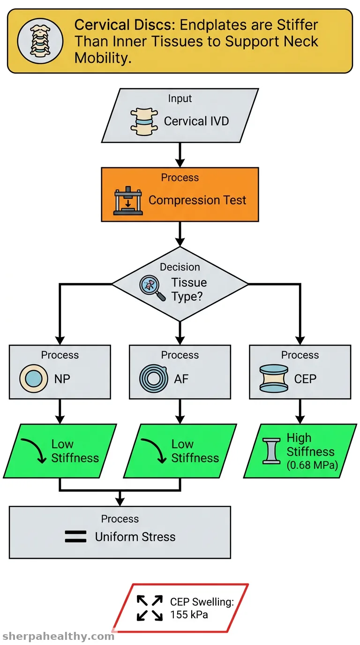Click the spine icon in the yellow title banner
click(x=40, y=41)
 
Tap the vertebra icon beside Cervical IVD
click(x=144, y=122)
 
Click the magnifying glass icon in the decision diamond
click(x=152, y=288)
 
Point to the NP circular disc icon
click(x=33, y=379)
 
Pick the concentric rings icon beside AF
click(x=153, y=379)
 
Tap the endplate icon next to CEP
click(x=274, y=379)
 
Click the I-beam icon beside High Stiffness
click(x=271, y=451)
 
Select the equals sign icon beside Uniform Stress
click(x=75, y=537)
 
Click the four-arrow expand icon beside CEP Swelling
click(x=150, y=608)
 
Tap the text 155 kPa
click(x=189, y=615)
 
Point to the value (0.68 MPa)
click(x=312, y=465)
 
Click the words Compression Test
click(x=197, y=200)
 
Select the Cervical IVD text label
click(x=196, y=121)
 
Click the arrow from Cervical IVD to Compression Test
click(x=180, y=155)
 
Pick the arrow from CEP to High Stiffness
click(x=300, y=412)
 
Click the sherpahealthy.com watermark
click(x=58, y=637)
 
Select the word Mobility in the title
click(x=103, y=58)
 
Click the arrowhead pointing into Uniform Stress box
click(x=120, y=502)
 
